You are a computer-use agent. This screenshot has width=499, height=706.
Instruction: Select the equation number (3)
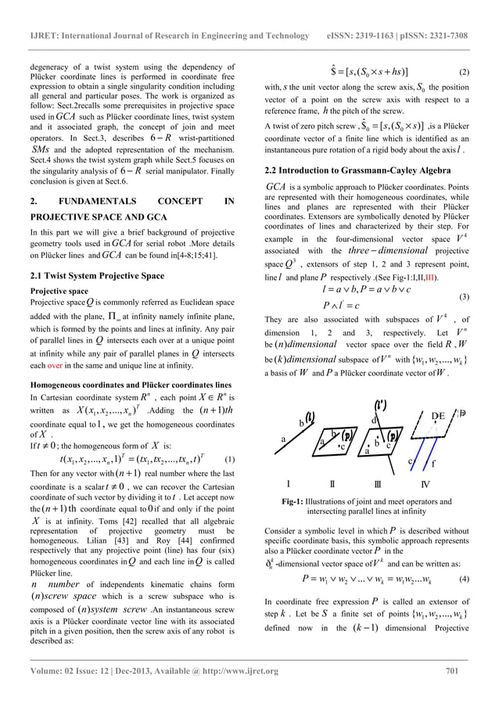point(463,298)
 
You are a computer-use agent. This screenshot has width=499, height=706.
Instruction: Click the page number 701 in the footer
point(455,670)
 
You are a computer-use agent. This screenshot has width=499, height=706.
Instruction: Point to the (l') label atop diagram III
point(381,407)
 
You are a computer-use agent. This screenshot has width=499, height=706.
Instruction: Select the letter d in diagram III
point(373,422)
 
